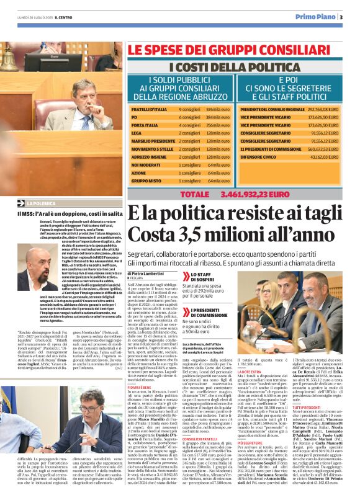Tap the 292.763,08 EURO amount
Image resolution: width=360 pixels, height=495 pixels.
click(x=323, y=109)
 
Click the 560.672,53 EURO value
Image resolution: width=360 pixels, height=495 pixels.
click(x=323, y=149)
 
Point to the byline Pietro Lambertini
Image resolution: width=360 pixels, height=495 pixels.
click(x=150, y=272)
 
